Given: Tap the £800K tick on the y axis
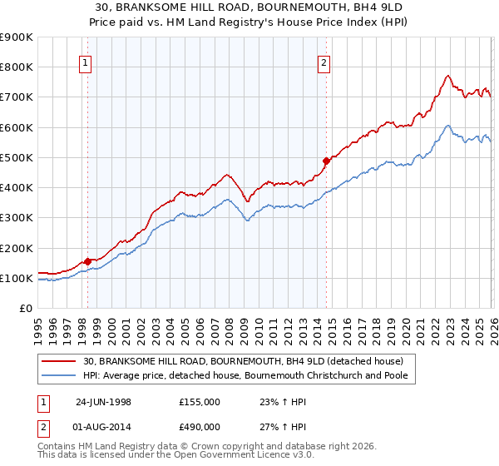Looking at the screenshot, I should (x=17, y=67).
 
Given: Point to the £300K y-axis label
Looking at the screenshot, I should (x=17, y=218).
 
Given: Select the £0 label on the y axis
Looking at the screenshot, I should (x=25, y=309).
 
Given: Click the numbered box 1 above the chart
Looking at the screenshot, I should (x=87, y=61).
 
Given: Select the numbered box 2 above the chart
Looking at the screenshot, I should (x=324, y=61).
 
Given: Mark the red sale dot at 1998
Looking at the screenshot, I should (x=88, y=261).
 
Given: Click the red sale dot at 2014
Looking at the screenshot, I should (x=326, y=161).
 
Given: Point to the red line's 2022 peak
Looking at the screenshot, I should (x=447, y=76).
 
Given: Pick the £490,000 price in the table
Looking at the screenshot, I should (x=200, y=429).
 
